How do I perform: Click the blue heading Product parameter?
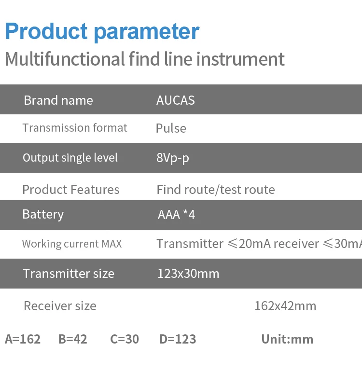[x=102, y=32]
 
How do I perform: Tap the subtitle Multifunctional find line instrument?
[x=145, y=59]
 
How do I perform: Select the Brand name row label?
[x=58, y=100]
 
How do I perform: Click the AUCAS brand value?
[x=176, y=100]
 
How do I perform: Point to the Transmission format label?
[x=75, y=128]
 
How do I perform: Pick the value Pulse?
[x=171, y=128]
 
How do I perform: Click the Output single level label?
[x=70, y=158]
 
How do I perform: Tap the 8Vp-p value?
[x=173, y=158]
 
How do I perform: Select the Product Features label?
[x=71, y=190]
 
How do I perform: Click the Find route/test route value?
[x=216, y=190]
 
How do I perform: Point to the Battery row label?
[x=43, y=215]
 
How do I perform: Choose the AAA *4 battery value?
[x=176, y=215]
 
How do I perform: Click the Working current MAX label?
[x=72, y=244]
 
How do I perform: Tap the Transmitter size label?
[x=69, y=274]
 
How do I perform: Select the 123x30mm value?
[x=188, y=274]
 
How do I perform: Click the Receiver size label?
[x=60, y=306]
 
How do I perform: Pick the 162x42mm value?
[x=285, y=306]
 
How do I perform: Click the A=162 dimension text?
[x=23, y=339]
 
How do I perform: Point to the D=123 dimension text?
[x=178, y=339]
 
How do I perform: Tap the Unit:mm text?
[x=287, y=339]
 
